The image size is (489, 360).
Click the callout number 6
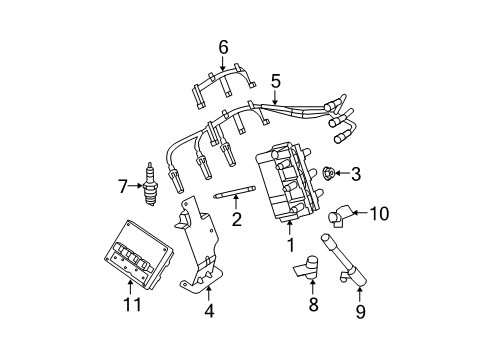coord(223,45)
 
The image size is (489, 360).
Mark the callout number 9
coord(360,311)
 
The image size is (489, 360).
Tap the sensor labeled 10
coord(344,212)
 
